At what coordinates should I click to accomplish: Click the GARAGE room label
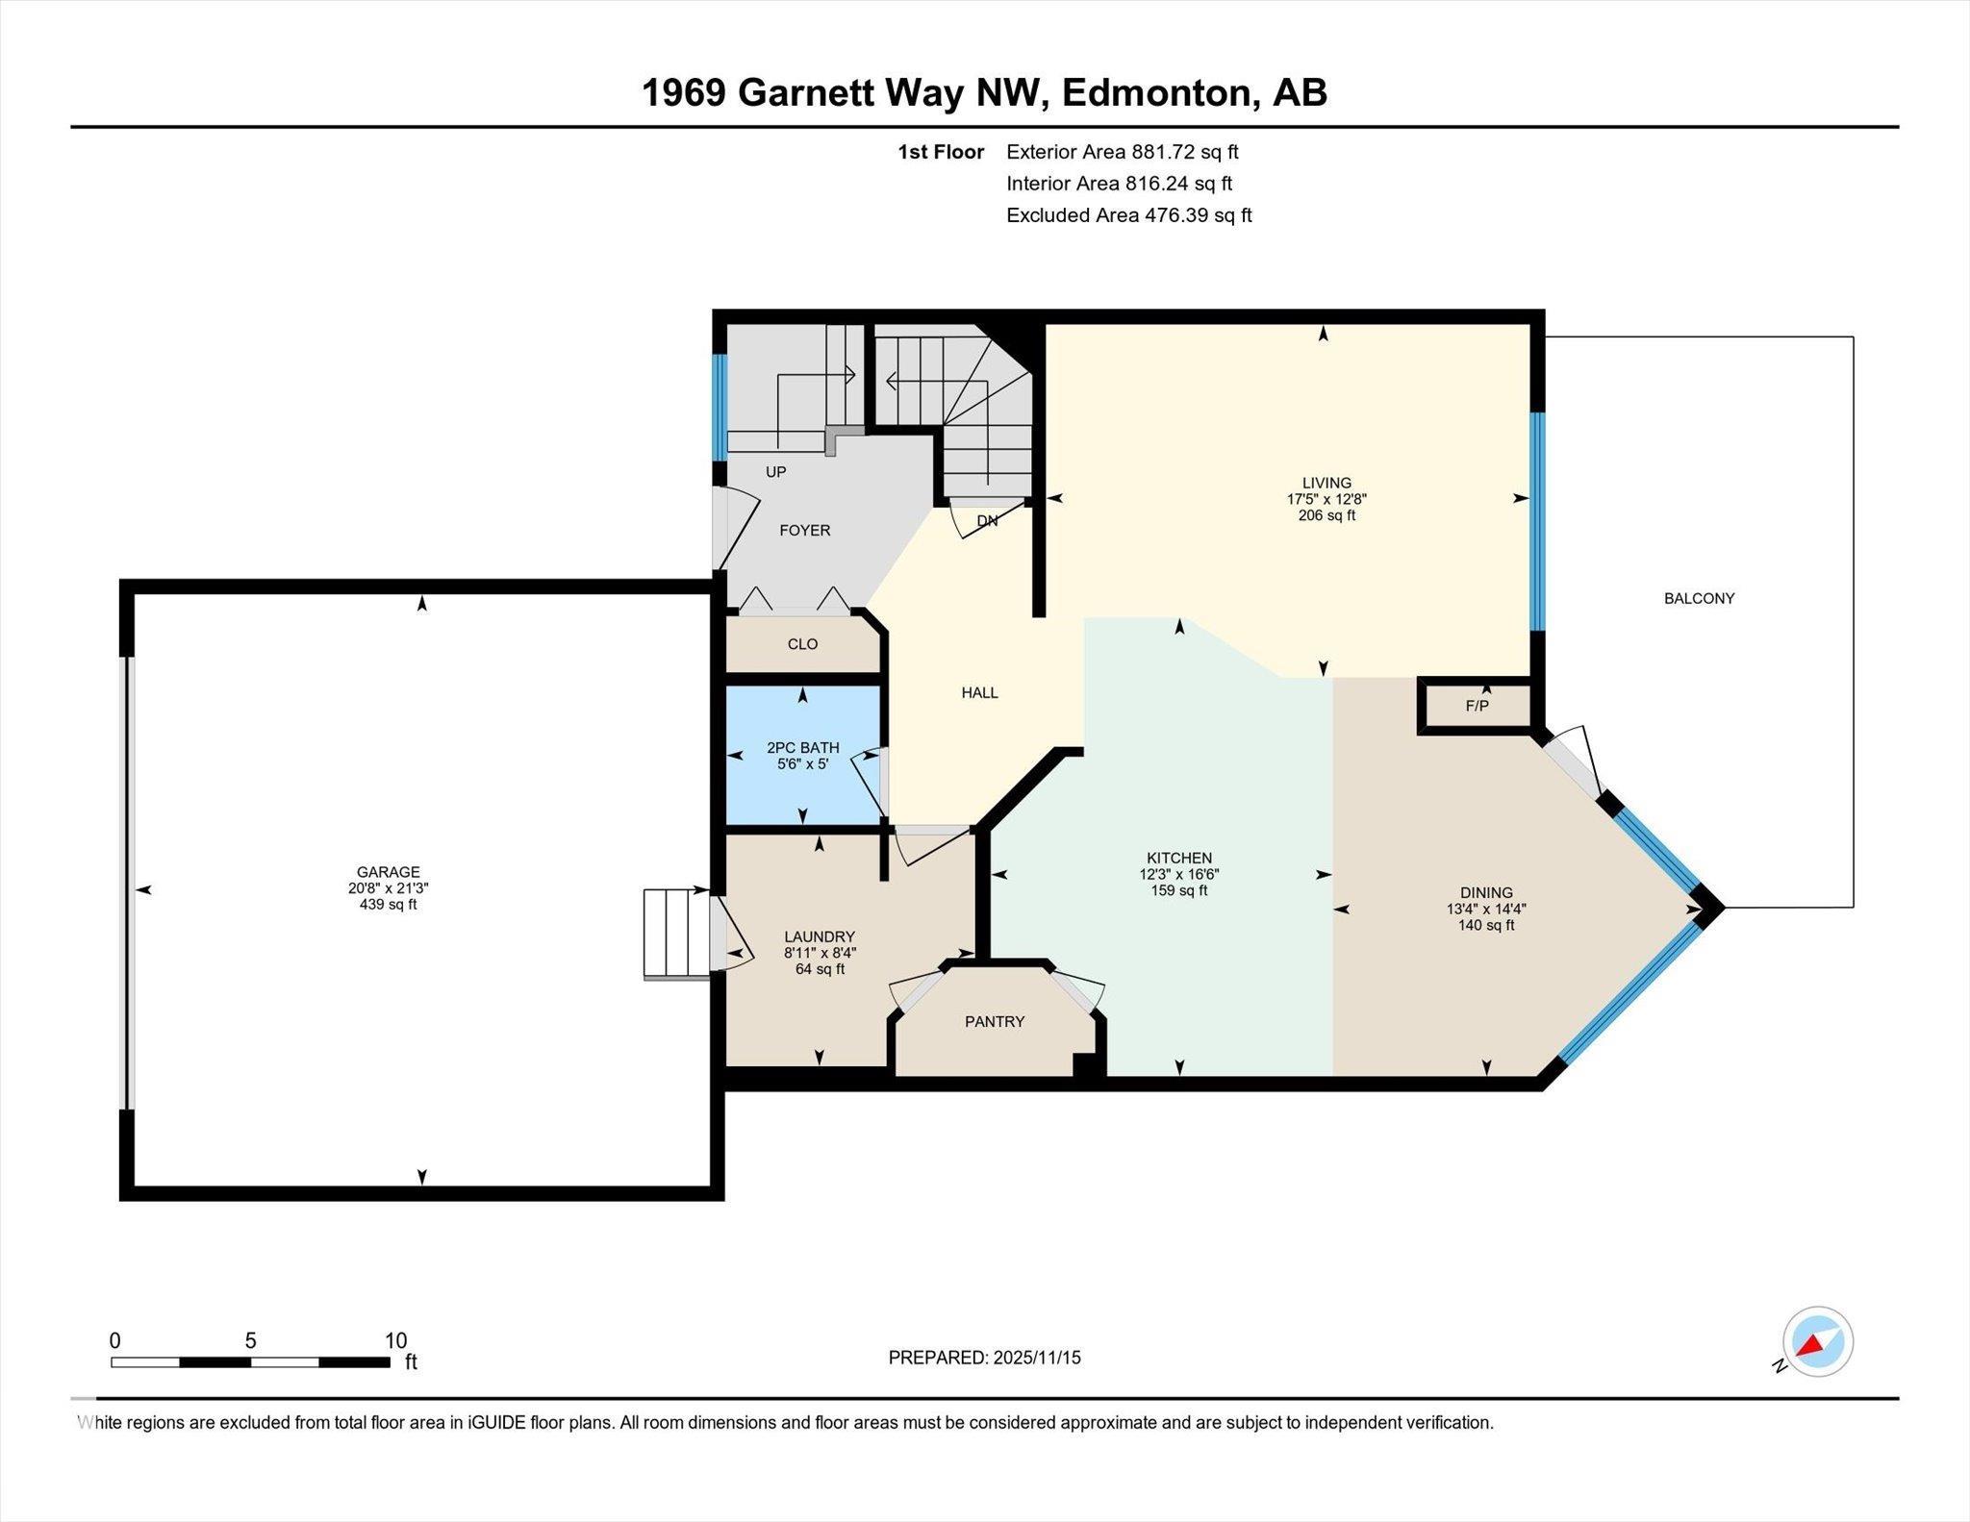(x=388, y=872)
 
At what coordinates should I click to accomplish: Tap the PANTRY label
(x=995, y=1021)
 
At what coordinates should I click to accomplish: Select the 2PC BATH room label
(x=803, y=747)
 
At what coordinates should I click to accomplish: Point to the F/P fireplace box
(x=1476, y=706)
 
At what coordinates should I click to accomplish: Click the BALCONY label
(x=1700, y=598)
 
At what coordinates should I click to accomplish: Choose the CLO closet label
(x=802, y=644)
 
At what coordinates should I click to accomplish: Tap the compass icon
(x=1817, y=1342)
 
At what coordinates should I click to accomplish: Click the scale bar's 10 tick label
(x=396, y=1340)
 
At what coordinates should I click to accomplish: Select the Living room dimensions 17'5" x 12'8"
(x=1326, y=499)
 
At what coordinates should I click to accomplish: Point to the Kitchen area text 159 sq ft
(x=1179, y=890)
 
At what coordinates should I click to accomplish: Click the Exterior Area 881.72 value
(x=1185, y=152)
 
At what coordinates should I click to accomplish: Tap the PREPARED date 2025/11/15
(x=1038, y=1358)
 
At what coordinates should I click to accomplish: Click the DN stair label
(x=987, y=521)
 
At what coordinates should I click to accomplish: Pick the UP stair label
(x=775, y=472)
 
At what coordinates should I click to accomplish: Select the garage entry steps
(x=677, y=935)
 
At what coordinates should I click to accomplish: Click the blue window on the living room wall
(x=1537, y=521)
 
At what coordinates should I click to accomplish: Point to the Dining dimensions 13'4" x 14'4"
(x=1486, y=909)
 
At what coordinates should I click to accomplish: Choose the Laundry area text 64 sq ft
(x=820, y=969)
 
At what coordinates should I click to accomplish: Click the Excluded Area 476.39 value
(x=1198, y=215)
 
